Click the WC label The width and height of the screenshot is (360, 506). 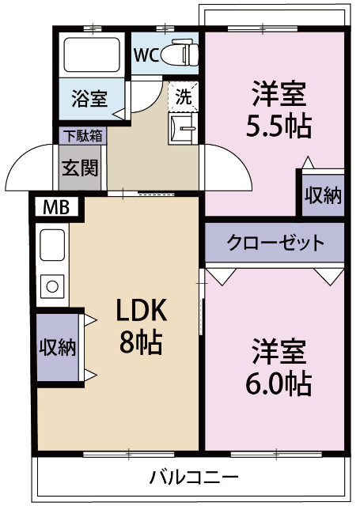[146, 55]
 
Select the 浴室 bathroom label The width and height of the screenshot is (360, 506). [89, 99]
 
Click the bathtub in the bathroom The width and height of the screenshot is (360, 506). [91, 54]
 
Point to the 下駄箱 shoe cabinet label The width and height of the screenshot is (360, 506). [81, 135]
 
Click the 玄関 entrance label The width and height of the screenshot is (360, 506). [80, 168]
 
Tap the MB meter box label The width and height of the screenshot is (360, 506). [55, 208]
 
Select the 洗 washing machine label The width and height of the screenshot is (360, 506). [183, 98]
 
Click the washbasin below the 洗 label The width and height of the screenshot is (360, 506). [184, 127]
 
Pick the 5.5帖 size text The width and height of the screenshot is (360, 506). [279, 125]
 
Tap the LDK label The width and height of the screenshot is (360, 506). [141, 309]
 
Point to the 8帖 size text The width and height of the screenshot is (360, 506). [141, 342]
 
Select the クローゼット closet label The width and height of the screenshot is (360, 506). [275, 242]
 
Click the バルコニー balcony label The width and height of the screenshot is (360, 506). [194, 478]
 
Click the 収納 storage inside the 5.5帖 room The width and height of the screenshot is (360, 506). [323, 194]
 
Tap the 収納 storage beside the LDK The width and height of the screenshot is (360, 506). [58, 346]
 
